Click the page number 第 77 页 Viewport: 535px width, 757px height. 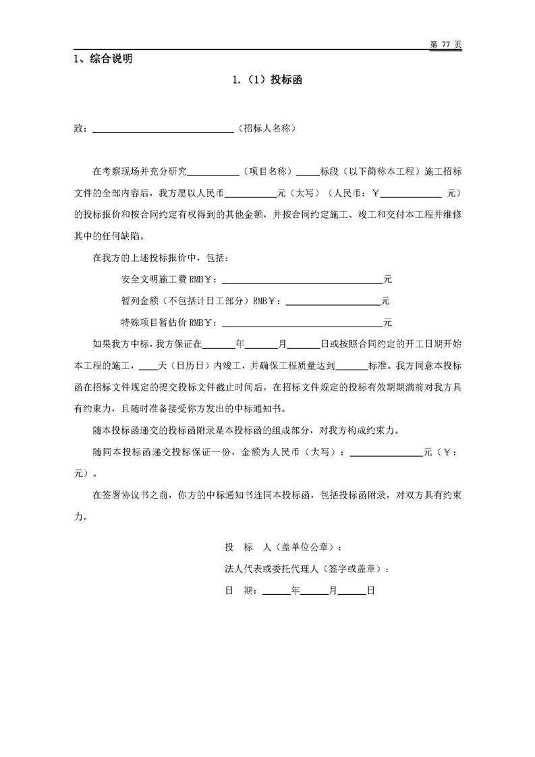[445, 44]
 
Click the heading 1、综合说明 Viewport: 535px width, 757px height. [103, 59]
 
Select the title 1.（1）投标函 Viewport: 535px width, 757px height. [266, 80]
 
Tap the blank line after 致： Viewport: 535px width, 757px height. [162, 128]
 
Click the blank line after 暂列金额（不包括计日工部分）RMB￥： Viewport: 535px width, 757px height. [333, 301]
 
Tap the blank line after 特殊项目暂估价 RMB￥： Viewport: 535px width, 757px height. [302, 323]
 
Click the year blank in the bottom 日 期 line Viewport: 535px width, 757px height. [275, 590]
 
